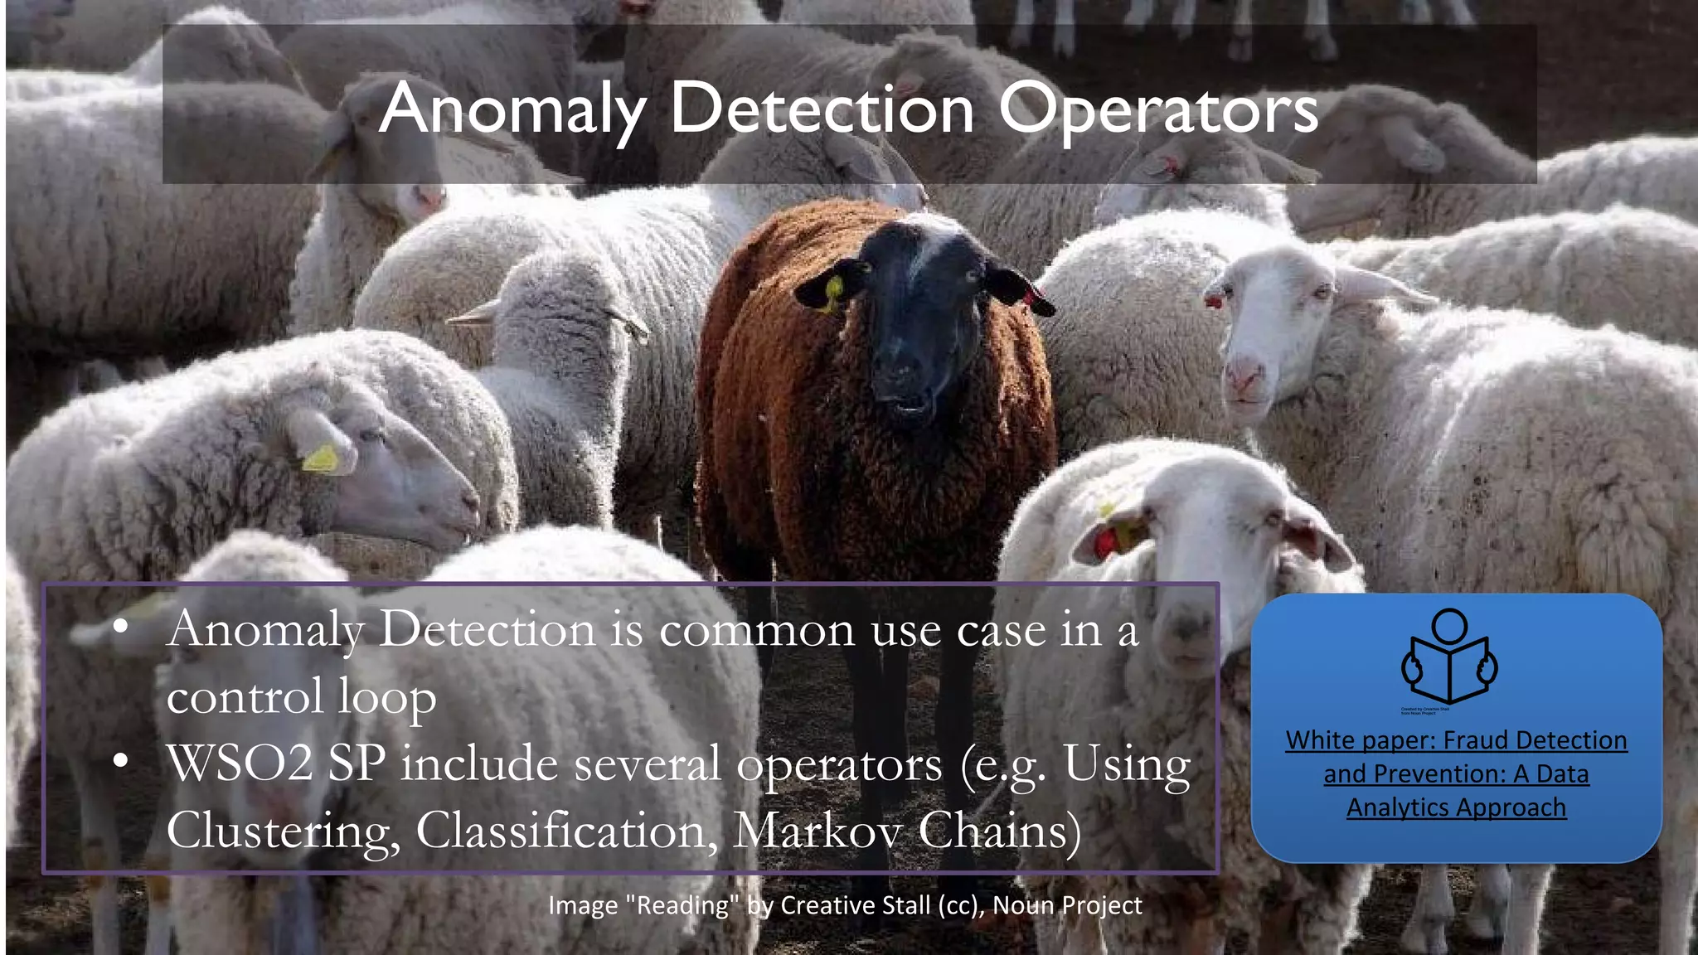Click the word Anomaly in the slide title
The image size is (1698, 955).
[512, 109]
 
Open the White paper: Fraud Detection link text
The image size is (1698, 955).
[1456, 739]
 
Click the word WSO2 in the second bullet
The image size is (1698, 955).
[240, 764]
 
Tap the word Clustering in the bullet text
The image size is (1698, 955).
[283, 831]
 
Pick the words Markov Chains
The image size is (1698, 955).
[906, 831]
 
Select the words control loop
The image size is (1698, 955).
[301, 696]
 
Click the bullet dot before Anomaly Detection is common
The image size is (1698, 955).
[121, 628]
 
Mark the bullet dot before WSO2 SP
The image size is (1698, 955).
[121, 759]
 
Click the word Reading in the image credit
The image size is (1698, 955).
[682, 905]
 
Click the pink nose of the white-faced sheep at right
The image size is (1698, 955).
[1244, 379]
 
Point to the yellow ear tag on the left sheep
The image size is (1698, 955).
[322, 458]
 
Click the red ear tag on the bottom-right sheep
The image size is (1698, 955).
[1106, 543]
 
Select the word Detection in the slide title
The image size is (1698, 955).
[822, 109]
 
